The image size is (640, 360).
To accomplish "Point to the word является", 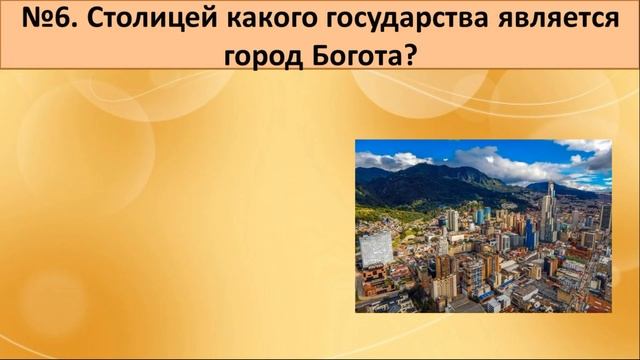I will (x=541, y=20).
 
